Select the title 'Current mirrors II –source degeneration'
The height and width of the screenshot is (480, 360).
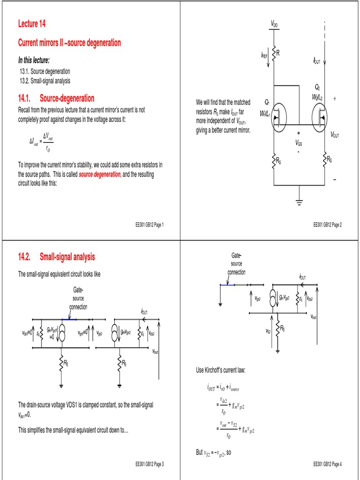click(69, 43)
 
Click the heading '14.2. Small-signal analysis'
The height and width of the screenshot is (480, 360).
click(56, 257)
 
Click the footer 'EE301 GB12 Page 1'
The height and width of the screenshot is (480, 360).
click(149, 225)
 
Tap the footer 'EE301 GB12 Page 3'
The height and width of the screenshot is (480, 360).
click(149, 464)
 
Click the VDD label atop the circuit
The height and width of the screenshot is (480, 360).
click(274, 24)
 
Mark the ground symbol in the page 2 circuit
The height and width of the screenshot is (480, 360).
click(299, 202)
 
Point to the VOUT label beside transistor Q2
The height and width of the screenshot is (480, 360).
click(335, 135)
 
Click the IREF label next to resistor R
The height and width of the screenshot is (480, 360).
click(264, 55)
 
